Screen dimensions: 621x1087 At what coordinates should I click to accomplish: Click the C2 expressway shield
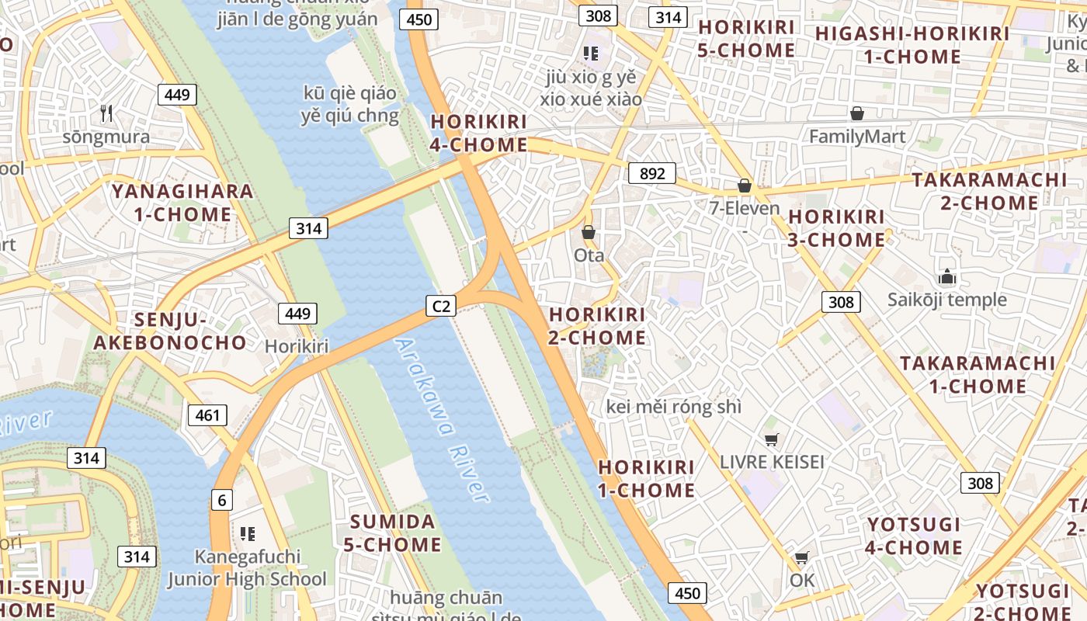440,306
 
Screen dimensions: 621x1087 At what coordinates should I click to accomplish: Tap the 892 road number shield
652,173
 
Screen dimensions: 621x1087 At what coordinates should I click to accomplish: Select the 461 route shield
207,415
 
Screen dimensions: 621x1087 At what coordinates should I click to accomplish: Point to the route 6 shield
222,500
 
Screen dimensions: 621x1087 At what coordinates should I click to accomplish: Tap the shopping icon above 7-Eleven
744,186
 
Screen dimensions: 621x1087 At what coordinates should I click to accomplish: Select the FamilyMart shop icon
856,114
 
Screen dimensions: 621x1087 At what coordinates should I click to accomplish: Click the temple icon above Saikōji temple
946,276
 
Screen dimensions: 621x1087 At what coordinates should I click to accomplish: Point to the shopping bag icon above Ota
589,232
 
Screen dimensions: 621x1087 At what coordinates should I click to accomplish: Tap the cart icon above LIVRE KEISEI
771,440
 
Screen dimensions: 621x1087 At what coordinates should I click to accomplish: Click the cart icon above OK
801,557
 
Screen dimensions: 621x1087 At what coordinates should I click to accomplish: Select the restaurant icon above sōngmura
106,113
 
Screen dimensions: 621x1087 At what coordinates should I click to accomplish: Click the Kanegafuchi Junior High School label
248,568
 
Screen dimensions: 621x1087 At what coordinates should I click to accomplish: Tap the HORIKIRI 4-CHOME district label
479,134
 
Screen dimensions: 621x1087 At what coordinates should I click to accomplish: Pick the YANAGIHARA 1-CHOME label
182,203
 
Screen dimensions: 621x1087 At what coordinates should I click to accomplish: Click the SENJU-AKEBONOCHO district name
170,331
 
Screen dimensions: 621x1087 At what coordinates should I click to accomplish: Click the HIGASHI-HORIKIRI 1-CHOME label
912,45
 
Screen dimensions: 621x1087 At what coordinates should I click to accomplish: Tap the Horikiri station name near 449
297,346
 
